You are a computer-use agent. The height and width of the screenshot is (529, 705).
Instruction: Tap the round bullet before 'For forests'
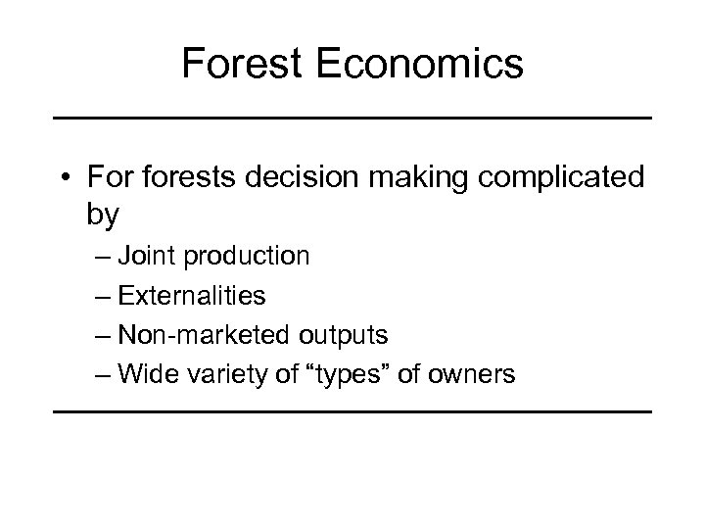65,178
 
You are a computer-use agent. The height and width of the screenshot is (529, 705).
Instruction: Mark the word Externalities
191,295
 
